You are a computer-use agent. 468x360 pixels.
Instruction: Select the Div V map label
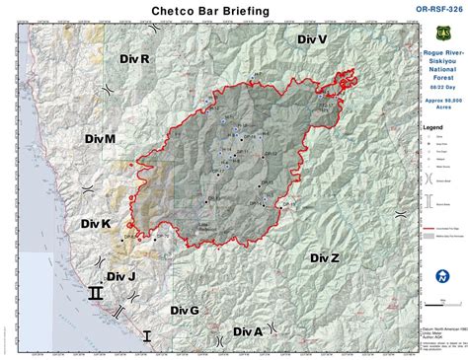point(311,38)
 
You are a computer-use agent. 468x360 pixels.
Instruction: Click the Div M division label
point(97,140)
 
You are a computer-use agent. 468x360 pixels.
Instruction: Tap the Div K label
point(96,225)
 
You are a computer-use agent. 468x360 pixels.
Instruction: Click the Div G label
point(183,310)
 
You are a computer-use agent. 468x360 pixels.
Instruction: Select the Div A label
point(248,331)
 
